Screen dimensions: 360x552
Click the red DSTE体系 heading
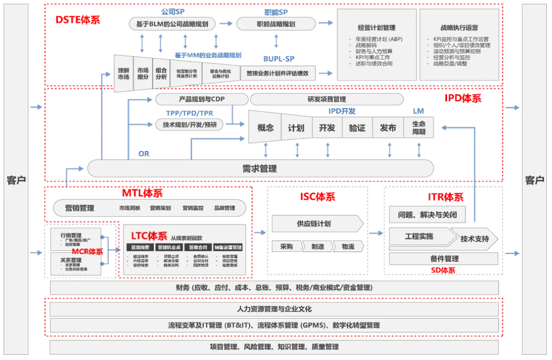click(x=78, y=20)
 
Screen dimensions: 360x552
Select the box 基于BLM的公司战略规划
click(x=172, y=24)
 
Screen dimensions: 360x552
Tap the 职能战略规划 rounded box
click(x=276, y=24)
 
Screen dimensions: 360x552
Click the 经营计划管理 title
click(x=377, y=28)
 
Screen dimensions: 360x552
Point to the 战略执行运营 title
click(x=459, y=28)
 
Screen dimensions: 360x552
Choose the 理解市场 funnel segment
click(x=124, y=74)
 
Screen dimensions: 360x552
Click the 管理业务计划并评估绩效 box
click(x=285, y=74)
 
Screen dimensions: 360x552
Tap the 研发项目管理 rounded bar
click(x=326, y=99)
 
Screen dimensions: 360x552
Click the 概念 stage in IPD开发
click(x=265, y=127)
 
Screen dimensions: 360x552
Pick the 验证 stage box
click(x=357, y=127)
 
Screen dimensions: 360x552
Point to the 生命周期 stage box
click(x=418, y=127)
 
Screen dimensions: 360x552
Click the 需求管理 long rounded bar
click(x=260, y=168)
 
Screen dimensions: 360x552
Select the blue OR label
click(x=144, y=154)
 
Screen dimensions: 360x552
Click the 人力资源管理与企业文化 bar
click(x=274, y=309)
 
